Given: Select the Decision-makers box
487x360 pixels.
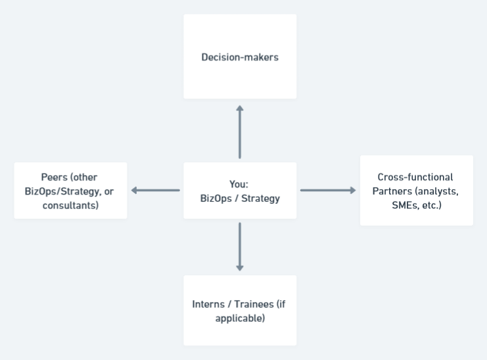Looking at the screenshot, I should click(239, 57).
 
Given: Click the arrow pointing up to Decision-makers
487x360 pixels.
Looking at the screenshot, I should click(239, 131).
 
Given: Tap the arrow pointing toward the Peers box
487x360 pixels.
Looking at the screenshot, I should click(155, 191).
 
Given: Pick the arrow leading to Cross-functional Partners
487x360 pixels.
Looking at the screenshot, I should click(328, 191).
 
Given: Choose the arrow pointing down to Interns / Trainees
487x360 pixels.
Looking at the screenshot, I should click(239, 247).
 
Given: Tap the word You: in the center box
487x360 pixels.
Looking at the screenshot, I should click(240, 184).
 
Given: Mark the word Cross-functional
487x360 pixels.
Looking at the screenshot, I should click(416, 177).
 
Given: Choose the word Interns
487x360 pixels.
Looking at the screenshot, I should click(208, 304).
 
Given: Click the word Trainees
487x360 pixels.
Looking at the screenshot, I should click(252, 304).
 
